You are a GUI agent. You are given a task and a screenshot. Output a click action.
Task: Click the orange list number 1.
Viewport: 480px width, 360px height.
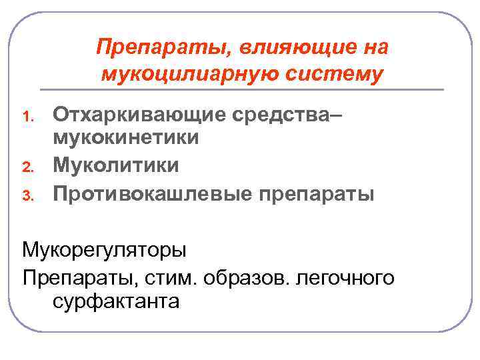click(29, 117)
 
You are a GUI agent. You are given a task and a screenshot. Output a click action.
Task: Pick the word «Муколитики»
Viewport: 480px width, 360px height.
click(116, 164)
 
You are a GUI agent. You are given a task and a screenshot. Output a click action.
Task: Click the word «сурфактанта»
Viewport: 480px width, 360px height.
click(115, 301)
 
